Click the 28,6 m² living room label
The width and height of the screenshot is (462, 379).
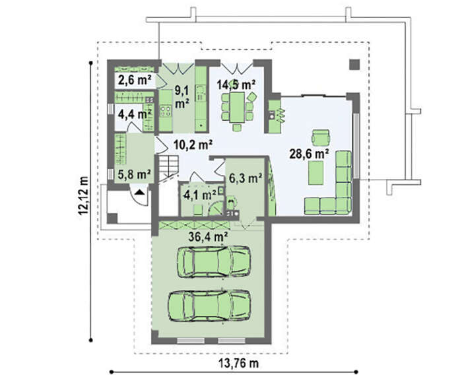[x=309, y=154]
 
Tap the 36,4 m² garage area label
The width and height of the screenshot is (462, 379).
[x=209, y=236]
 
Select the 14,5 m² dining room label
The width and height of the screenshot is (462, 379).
[x=236, y=85]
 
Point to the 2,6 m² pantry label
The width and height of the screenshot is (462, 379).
[x=135, y=80]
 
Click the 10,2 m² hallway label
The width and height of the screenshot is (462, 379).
[x=193, y=145]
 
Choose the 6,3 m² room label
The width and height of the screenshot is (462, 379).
[x=246, y=178]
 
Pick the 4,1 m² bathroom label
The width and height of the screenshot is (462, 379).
[x=200, y=195]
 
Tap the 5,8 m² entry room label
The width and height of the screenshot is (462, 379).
[x=135, y=174]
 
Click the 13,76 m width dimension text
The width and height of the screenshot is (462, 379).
[x=239, y=363]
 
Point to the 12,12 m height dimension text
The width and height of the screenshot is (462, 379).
[x=83, y=195]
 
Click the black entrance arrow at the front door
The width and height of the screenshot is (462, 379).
[x=140, y=192]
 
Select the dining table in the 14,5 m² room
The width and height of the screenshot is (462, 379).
[x=237, y=107]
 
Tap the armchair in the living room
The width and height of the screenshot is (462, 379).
[x=321, y=137]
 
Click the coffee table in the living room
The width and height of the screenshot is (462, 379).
[x=316, y=173]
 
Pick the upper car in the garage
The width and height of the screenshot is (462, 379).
[x=214, y=261]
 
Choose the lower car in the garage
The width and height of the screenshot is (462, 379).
[x=209, y=306]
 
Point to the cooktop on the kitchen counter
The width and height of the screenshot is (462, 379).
[x=165, y=111]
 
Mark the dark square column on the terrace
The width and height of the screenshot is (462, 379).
[x=354, y=65]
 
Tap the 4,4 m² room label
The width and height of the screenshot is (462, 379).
[x=135, y=114]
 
